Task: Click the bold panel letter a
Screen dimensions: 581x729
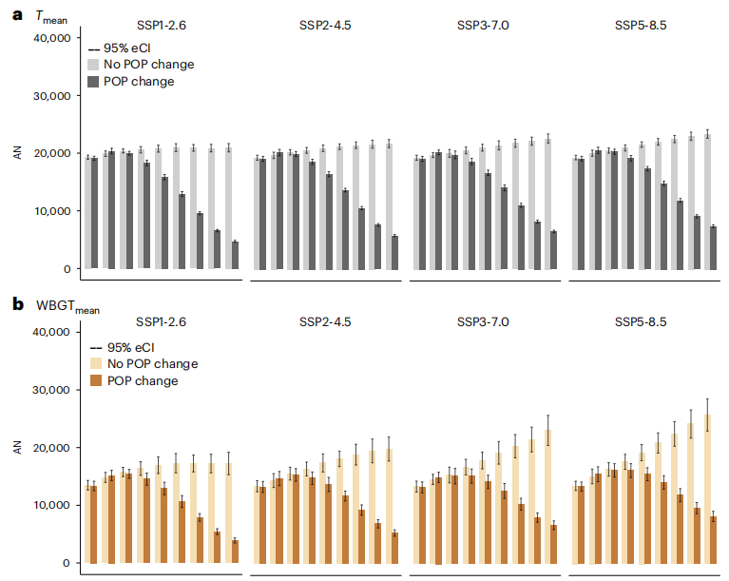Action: (16, 16)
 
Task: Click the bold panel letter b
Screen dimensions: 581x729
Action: (17, 305)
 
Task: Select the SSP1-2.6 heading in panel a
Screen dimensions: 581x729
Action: (161, 26)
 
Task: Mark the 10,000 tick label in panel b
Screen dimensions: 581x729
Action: (51, 505)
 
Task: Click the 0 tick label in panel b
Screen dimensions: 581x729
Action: (66, 563)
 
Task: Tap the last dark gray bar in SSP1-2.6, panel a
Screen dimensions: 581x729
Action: (234, 255)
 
